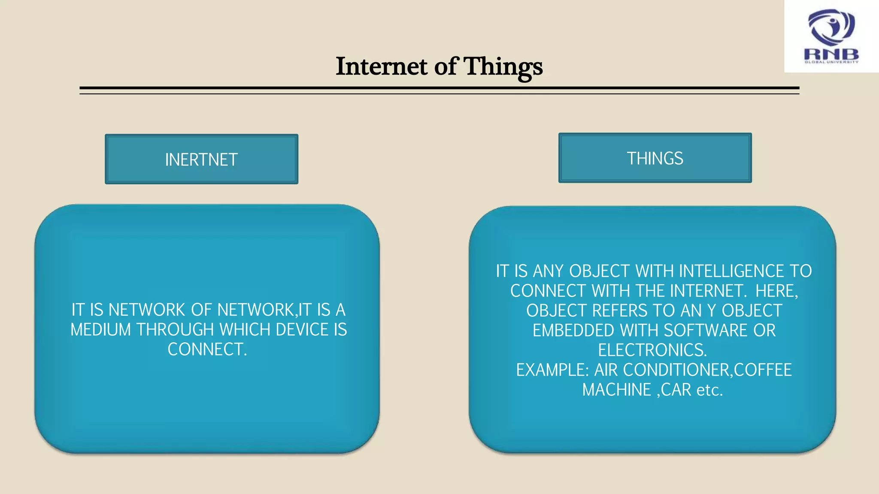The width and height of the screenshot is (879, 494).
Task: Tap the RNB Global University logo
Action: pos(831,36)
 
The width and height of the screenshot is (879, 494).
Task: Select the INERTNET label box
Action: pos(201,160)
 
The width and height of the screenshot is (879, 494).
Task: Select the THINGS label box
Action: pos(655,158)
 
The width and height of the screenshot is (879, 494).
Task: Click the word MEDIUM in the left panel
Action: pos(100,330)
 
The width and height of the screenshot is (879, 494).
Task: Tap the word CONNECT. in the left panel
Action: pos(207,349)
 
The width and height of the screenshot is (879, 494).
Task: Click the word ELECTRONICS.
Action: pos(652,350)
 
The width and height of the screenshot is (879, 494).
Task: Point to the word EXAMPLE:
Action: pos(552,370)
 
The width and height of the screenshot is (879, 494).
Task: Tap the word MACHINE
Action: pos(616,390)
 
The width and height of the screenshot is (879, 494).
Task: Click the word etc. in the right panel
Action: pos(709,390)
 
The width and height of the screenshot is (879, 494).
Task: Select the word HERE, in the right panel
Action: pos(776,291)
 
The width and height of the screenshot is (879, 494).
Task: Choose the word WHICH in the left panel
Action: pos(245,330)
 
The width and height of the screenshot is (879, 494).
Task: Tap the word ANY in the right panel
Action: pos(548,271)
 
